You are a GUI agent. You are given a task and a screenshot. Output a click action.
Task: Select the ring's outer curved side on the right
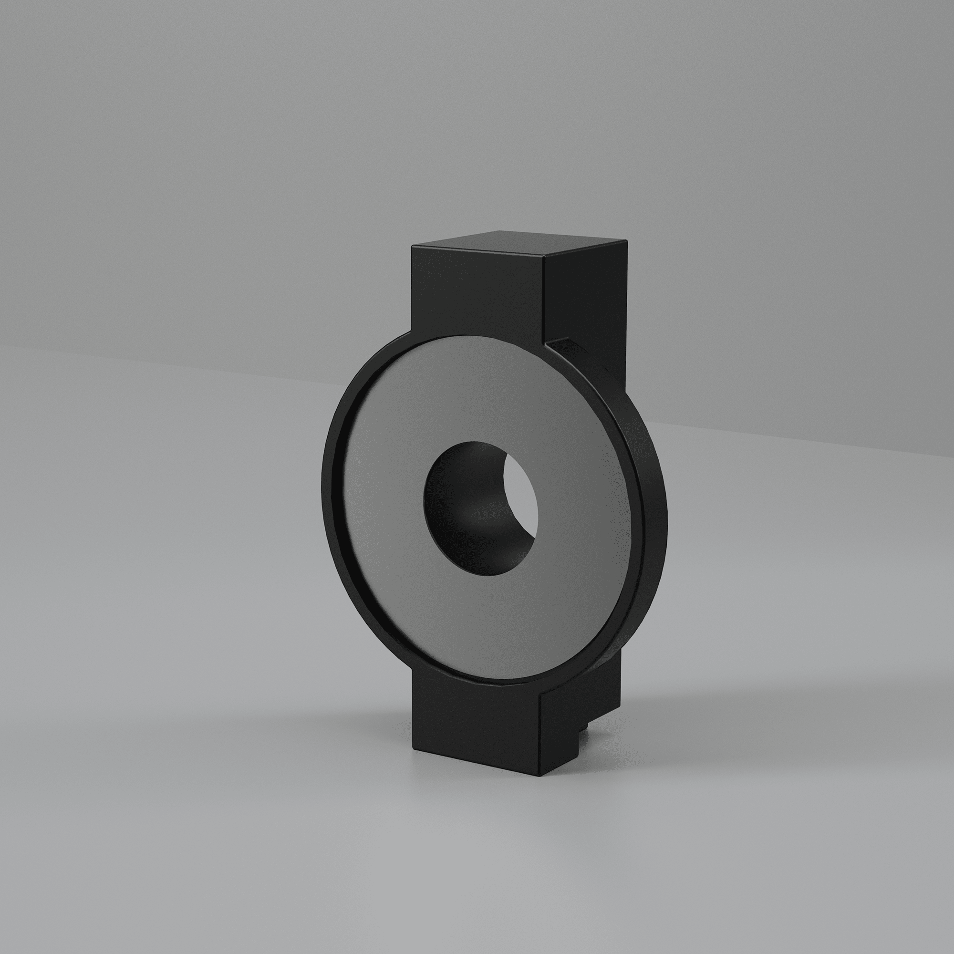pos(652,494)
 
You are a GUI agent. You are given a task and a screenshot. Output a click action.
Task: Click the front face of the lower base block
pos(474,726)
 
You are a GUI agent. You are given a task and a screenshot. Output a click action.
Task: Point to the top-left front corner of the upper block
pos(412,247)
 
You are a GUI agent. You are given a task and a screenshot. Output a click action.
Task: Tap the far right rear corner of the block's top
pos(626,240)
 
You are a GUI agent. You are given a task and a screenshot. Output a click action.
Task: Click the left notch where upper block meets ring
pos(411,332)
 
